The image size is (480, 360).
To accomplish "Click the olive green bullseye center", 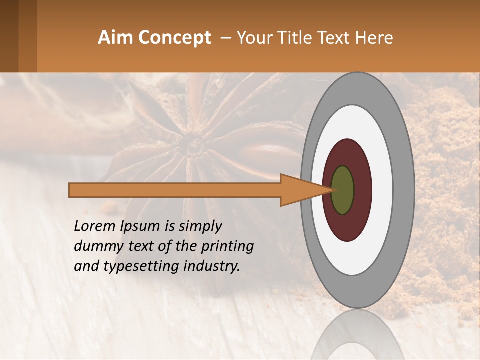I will (x=343, y=190).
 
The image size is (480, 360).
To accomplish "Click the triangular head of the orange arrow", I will (x=300, y=190).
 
